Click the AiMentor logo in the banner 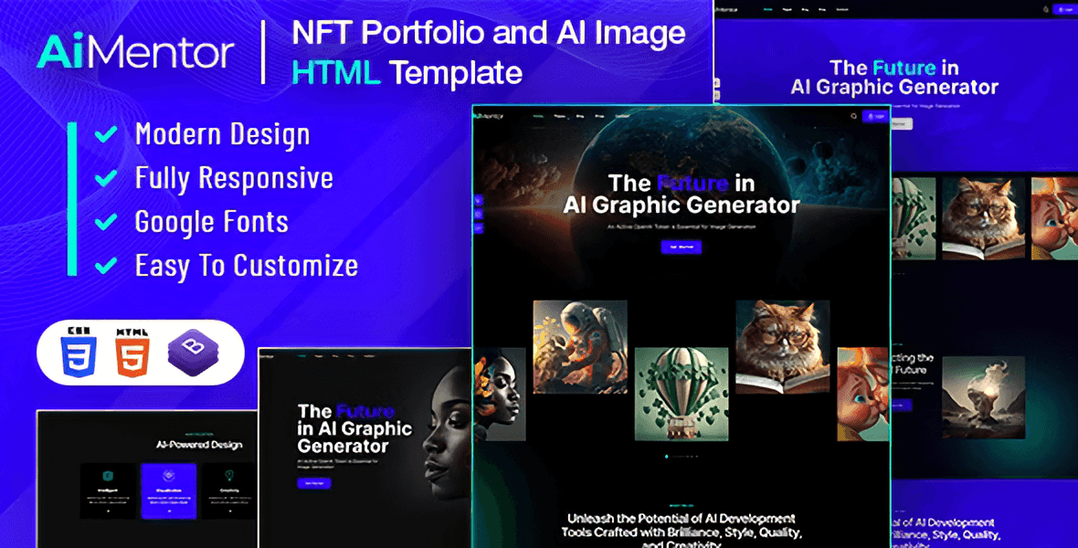click(x=135, y=52)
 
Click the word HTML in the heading click(x=335, y=72)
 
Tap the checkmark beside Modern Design click(x=106, y=134)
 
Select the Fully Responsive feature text click(x=234, y=178)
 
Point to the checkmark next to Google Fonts click(x=106, y=222)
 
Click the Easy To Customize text click(x=246, y=266)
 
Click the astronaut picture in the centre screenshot click(x=580, y=347)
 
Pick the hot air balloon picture click(x=681, y=394)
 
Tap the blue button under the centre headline click(x=681, y=247)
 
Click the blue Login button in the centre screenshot click(x=875, y=117)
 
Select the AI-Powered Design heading click(x=198, y=445)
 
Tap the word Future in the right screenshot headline click(x=904, y=68)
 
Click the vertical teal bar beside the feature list click(x=71, y=199)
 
